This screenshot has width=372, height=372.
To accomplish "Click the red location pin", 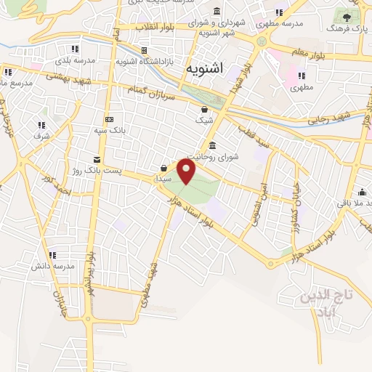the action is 187,172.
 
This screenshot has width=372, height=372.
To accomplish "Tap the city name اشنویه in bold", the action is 206,70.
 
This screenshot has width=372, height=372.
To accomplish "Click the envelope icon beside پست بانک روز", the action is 97,160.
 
